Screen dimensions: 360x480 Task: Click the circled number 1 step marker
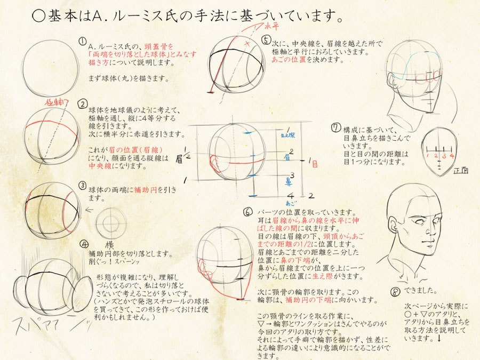(83, 41)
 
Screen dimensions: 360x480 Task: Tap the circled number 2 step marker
(83, 103)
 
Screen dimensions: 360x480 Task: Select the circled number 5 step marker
(266, 41)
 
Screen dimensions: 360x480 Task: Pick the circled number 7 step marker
(335, 128)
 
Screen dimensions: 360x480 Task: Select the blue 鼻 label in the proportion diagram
(289, 179)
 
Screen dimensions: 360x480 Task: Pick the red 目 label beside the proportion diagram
(314, 164)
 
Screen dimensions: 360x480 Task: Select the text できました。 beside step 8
(421, 291)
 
